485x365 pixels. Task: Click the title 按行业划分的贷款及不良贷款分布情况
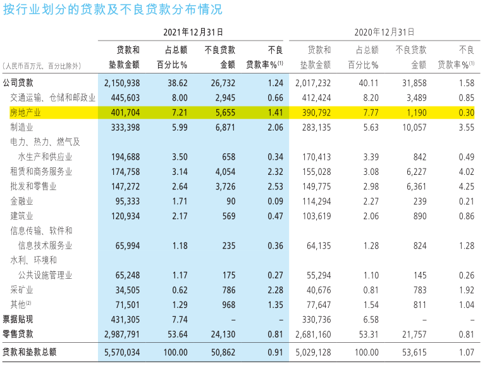(113, 10)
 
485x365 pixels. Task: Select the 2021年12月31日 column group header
(193, 32)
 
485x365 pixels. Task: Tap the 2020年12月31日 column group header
(384, 32)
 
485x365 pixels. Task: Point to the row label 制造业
(21, 127)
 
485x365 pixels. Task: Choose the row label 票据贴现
(18, 319)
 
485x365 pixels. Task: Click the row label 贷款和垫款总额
(30, 352)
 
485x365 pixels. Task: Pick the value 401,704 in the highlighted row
(125, 112)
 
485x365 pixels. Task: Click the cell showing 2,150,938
(122, 83)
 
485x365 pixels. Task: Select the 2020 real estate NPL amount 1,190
(417, 112)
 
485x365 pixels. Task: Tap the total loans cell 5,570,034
(122, 352)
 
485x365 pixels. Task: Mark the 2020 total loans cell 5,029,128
(313, 352)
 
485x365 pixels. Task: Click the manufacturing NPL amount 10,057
(414, 127)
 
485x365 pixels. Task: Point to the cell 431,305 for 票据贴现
(125, 319)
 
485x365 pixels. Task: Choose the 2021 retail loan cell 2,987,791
(122, 335)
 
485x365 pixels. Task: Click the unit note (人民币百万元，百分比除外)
(42, 66)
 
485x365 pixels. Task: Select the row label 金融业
(21, 202)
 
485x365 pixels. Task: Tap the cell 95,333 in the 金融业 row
(128, 202)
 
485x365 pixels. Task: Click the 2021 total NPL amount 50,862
(223, 352)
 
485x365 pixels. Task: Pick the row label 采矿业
(21, 290)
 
